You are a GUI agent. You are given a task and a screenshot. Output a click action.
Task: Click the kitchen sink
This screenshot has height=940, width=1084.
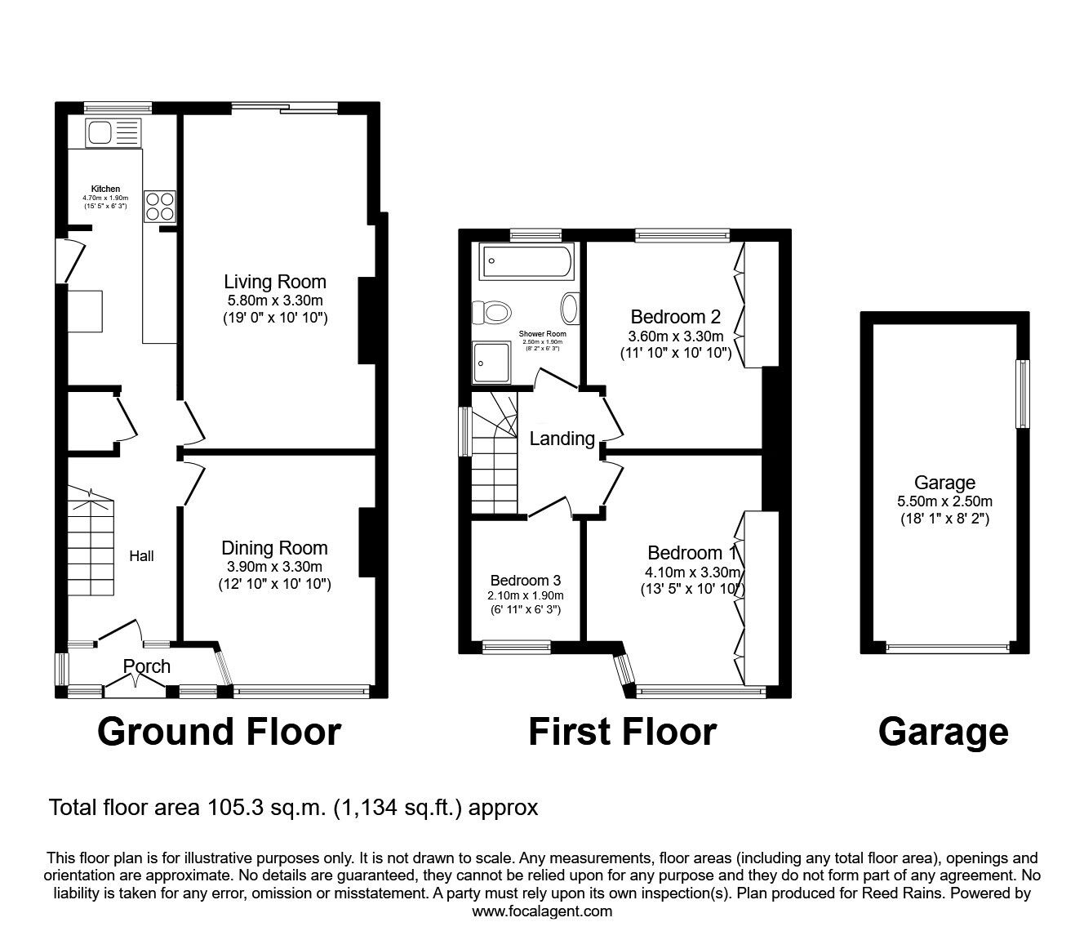tap(113, 132)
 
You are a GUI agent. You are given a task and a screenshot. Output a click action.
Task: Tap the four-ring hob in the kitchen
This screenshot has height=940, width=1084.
tap(160, 207)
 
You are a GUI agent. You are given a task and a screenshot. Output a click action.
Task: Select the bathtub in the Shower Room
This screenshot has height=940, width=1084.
tap(526, 261)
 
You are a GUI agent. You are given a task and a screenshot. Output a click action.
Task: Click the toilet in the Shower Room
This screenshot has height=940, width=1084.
tap(491, 313)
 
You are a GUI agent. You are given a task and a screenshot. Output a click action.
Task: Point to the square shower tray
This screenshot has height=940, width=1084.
tap(491, 362)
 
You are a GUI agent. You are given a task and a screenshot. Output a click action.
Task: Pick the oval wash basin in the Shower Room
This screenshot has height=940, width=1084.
tap(570, 309)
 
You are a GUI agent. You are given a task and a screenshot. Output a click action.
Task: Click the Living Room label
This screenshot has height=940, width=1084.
tap(275, 282)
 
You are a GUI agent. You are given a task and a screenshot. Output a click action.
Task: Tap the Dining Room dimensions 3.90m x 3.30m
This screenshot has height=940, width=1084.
tap(275, 567)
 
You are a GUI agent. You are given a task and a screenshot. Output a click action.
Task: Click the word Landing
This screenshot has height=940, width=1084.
tap(562, 439)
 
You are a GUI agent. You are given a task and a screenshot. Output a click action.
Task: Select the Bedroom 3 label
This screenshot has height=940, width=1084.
tap(526, 580)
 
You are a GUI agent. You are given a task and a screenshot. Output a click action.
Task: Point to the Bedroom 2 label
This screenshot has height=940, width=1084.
tap(676, 317)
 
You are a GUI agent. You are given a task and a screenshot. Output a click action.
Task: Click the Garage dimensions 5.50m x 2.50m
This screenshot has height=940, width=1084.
tap(944, 501)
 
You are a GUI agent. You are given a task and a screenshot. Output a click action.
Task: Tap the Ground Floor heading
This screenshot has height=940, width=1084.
tap(220, 733)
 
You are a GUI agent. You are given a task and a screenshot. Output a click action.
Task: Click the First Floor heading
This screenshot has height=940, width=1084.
tap(623, 733)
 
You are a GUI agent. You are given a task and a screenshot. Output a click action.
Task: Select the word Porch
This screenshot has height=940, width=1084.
tap(147, 666)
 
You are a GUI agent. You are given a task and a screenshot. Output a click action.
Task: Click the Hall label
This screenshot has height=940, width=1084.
tap(141, 556)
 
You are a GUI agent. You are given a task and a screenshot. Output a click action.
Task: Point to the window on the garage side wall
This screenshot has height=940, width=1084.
tap(1022, 394)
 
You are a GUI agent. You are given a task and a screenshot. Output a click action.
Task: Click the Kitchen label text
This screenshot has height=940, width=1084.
tap(105, 189)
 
